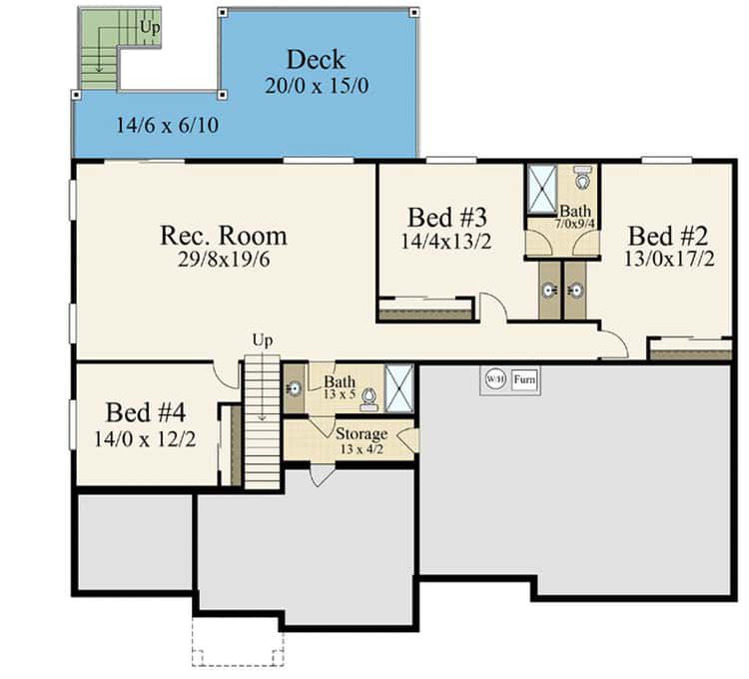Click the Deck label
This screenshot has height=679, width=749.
tap(316, 60)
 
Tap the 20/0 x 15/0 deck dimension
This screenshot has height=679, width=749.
tap(317, 86)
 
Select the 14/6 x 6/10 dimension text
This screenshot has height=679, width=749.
tap(167, 125)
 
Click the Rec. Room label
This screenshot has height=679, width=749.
tap(224, 236)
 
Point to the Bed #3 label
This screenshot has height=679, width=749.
tap(447, 218)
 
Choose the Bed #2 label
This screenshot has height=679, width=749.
tap(668, 236)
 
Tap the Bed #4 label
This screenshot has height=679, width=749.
tap(145, 412)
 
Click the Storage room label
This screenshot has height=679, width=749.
tap(362, 434)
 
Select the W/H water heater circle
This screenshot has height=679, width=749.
tap(495, 379)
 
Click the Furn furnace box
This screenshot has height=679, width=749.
tap(524, 379)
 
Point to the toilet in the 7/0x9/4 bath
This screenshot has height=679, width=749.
tap(582, 178)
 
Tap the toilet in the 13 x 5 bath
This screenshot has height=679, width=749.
tap(368, 400)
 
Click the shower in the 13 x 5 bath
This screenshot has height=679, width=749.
tap(398, 387)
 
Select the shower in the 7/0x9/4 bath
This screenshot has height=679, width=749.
tap(542, 190)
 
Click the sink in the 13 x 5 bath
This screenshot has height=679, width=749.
tap(295, 388)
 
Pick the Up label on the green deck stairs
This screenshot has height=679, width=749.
tap(150, 28)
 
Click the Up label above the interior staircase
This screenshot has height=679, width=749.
tap(263, 340)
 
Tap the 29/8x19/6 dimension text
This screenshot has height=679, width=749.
tap(224, 260)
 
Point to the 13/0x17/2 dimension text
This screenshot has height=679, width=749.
tap(669, 259)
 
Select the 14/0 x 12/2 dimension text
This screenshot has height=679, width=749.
tap(145, 439)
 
